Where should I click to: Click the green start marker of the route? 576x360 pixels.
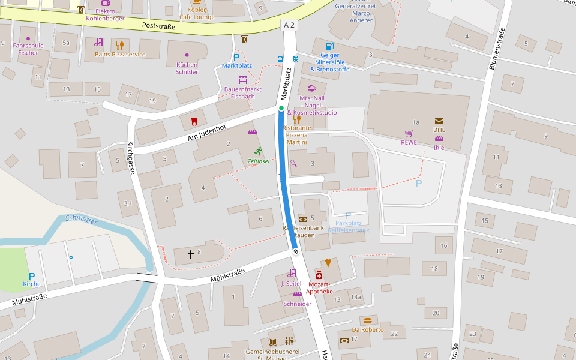[281, 108]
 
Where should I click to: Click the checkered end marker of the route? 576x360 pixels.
[295, 252]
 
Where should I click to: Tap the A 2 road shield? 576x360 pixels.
[289, 25]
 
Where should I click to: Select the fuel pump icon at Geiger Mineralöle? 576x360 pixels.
[329, 46]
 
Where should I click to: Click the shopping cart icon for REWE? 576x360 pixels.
[409, 133]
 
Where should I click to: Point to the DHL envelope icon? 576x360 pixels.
[439, 121]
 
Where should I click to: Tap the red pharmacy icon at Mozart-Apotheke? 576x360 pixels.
[319, 275]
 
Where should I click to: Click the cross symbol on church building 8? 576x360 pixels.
[191, 254]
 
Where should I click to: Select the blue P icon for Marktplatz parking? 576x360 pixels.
[236, 57]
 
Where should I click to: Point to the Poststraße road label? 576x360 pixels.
[158, 26]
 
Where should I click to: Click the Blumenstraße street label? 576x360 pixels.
[497, 48]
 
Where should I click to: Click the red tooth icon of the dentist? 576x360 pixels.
[193, 121]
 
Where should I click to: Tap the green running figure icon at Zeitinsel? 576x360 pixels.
[259, 151]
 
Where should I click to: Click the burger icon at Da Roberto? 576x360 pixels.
[368, 320]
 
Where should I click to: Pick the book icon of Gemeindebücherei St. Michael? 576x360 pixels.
[273, 341]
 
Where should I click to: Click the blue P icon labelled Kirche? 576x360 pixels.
[32, 276]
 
